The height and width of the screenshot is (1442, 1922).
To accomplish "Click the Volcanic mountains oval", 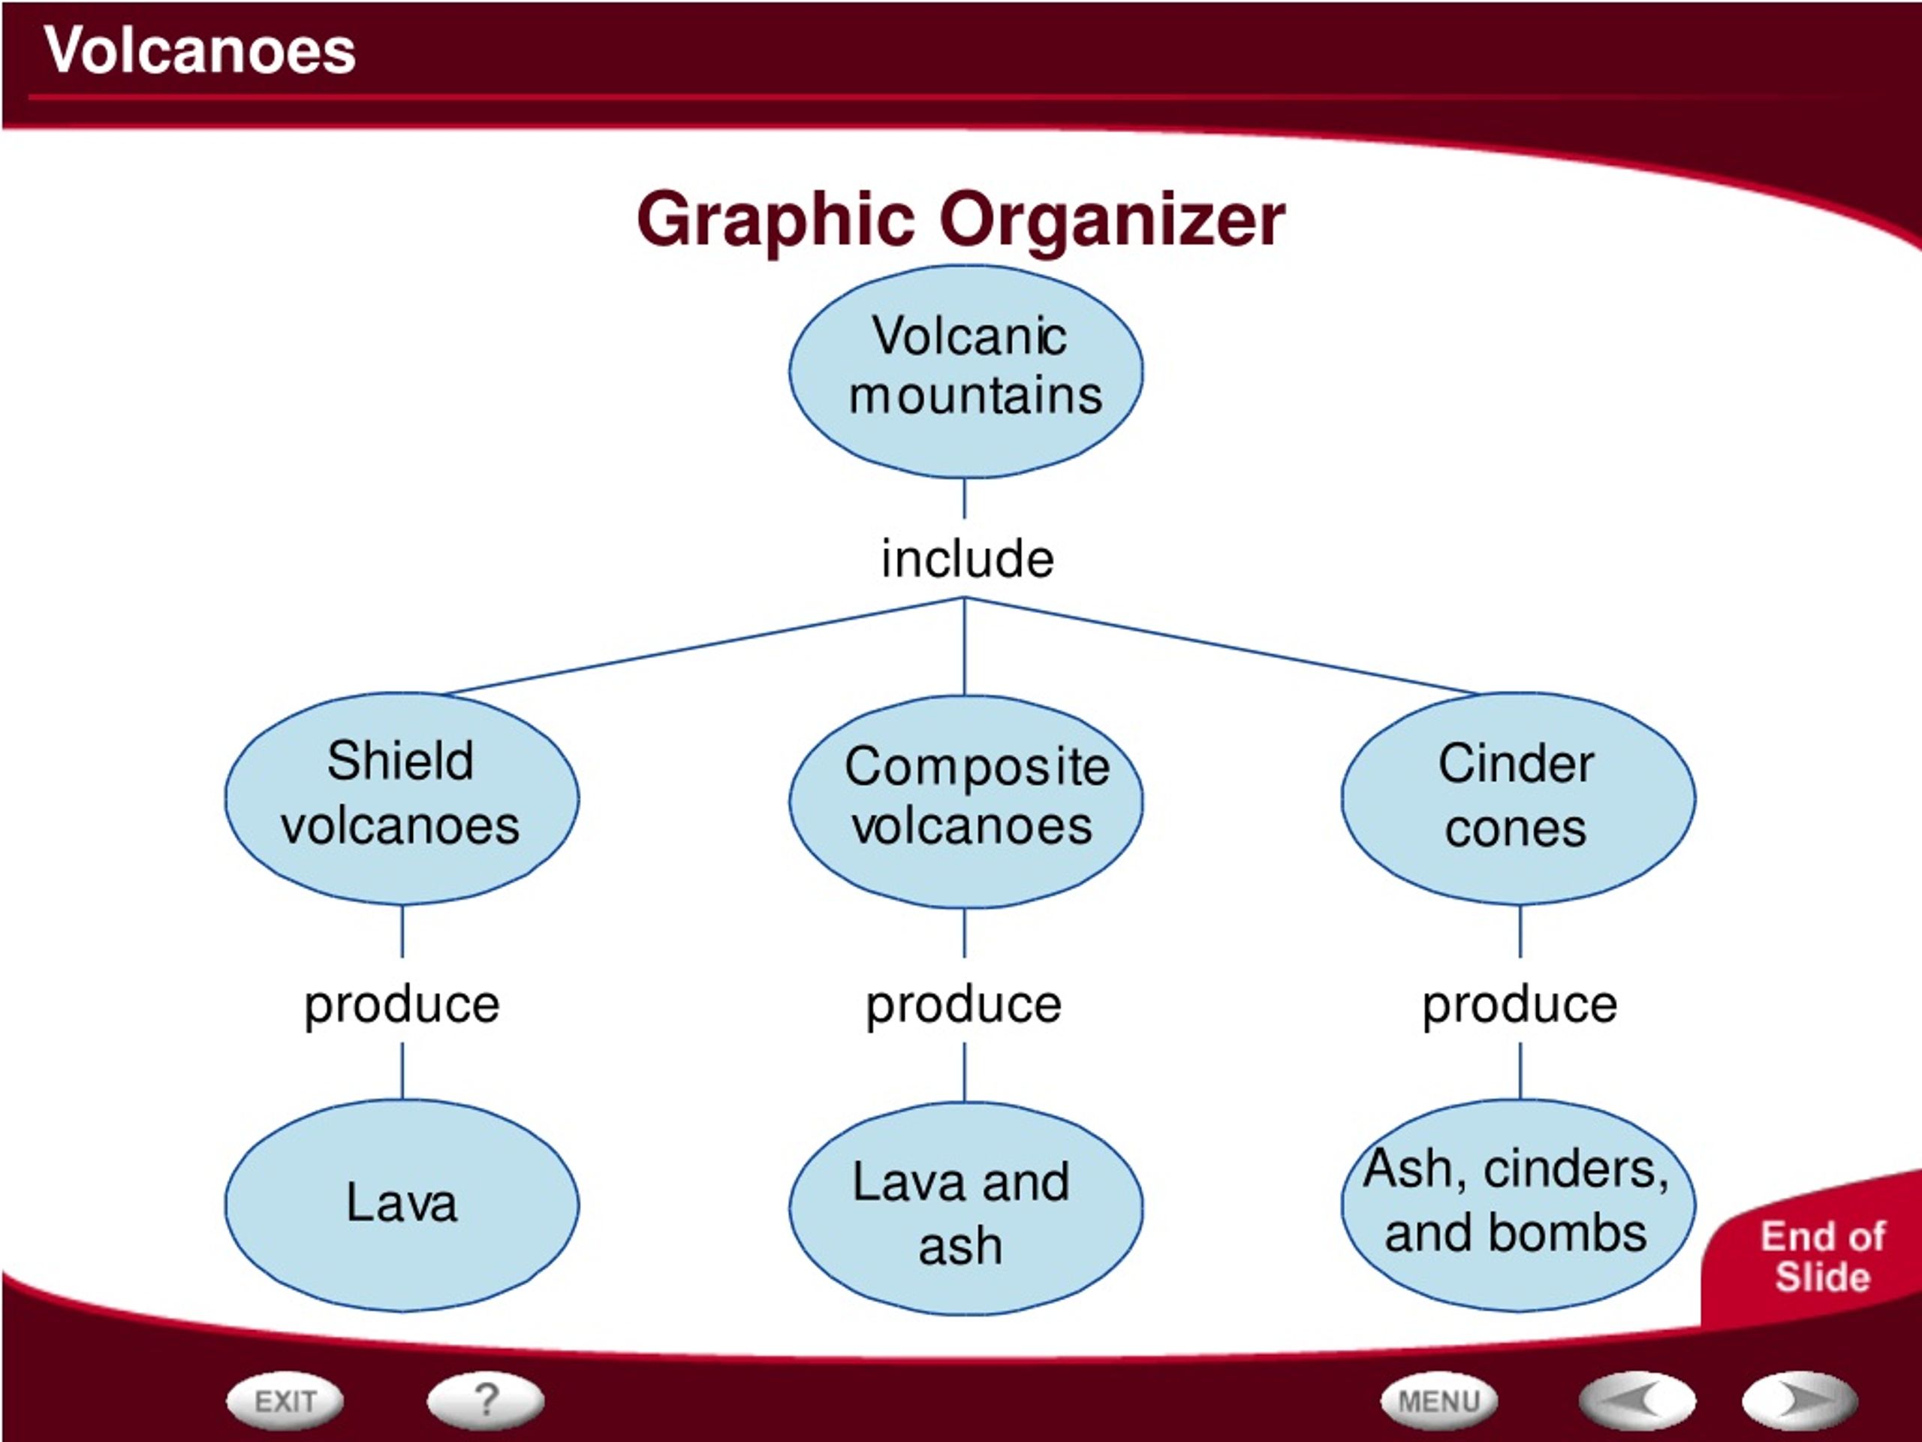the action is [966, 371].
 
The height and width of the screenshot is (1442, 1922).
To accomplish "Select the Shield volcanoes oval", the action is [402, 798].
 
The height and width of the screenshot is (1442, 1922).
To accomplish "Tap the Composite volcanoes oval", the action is [966, 801].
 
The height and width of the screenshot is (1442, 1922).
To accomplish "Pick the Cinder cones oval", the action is [1518, 798].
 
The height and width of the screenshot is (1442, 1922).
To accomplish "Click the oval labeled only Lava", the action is [402, 1205].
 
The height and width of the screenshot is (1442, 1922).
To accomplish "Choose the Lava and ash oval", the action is [966, 1209].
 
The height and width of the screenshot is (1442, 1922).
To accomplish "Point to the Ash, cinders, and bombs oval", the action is [1518, 1205].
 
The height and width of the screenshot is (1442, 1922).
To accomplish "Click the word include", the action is [967, 558].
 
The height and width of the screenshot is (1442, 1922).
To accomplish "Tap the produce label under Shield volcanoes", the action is [402, 1006].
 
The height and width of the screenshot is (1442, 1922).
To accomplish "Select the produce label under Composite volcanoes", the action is [963, 1006].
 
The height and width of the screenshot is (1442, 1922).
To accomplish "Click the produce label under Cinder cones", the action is [1520, 1006].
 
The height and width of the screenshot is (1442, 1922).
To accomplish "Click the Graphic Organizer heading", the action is [961, 221].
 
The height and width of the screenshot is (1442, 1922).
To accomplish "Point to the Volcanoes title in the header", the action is [200, 50].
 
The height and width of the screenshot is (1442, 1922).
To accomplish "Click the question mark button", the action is [486, 1400].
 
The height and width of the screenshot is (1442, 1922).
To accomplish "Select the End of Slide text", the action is [1823, 1256].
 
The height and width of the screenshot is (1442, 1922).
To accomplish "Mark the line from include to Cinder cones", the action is [1221, 646].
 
